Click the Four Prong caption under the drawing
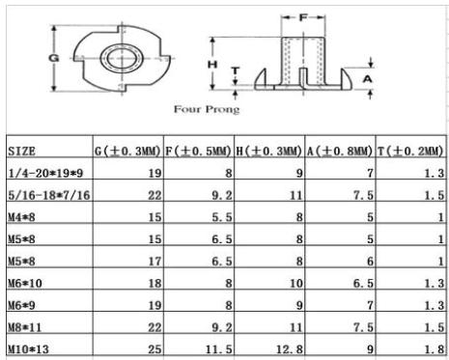[207, 109]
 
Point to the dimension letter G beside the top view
[54, 58]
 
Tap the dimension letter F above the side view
[303, 17]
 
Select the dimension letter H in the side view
[212, 65]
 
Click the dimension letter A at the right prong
[367, 78]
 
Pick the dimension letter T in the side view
[236, 70]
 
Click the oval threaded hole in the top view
[121, 59]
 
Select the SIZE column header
[22, 151]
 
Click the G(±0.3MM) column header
[127, 151]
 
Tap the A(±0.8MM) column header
[340, 151]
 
